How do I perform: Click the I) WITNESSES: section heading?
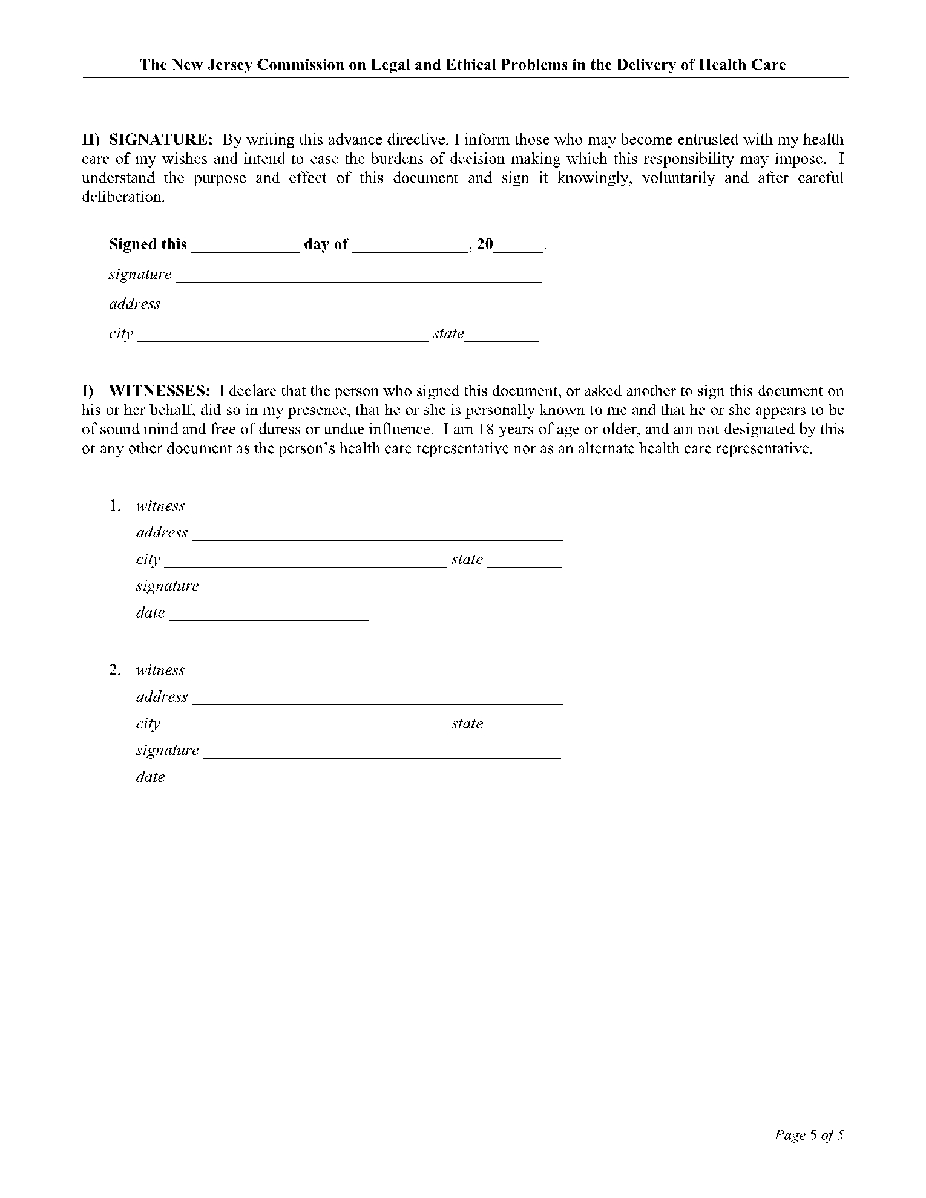point(146,391)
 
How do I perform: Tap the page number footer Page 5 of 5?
point(809,1135)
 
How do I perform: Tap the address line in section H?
point(352,306)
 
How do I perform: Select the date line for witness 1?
point(269,615)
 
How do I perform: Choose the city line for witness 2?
point(306,727)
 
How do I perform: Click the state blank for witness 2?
point(525,727)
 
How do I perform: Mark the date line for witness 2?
point(269,780)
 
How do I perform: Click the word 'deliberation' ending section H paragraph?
point(122,198)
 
